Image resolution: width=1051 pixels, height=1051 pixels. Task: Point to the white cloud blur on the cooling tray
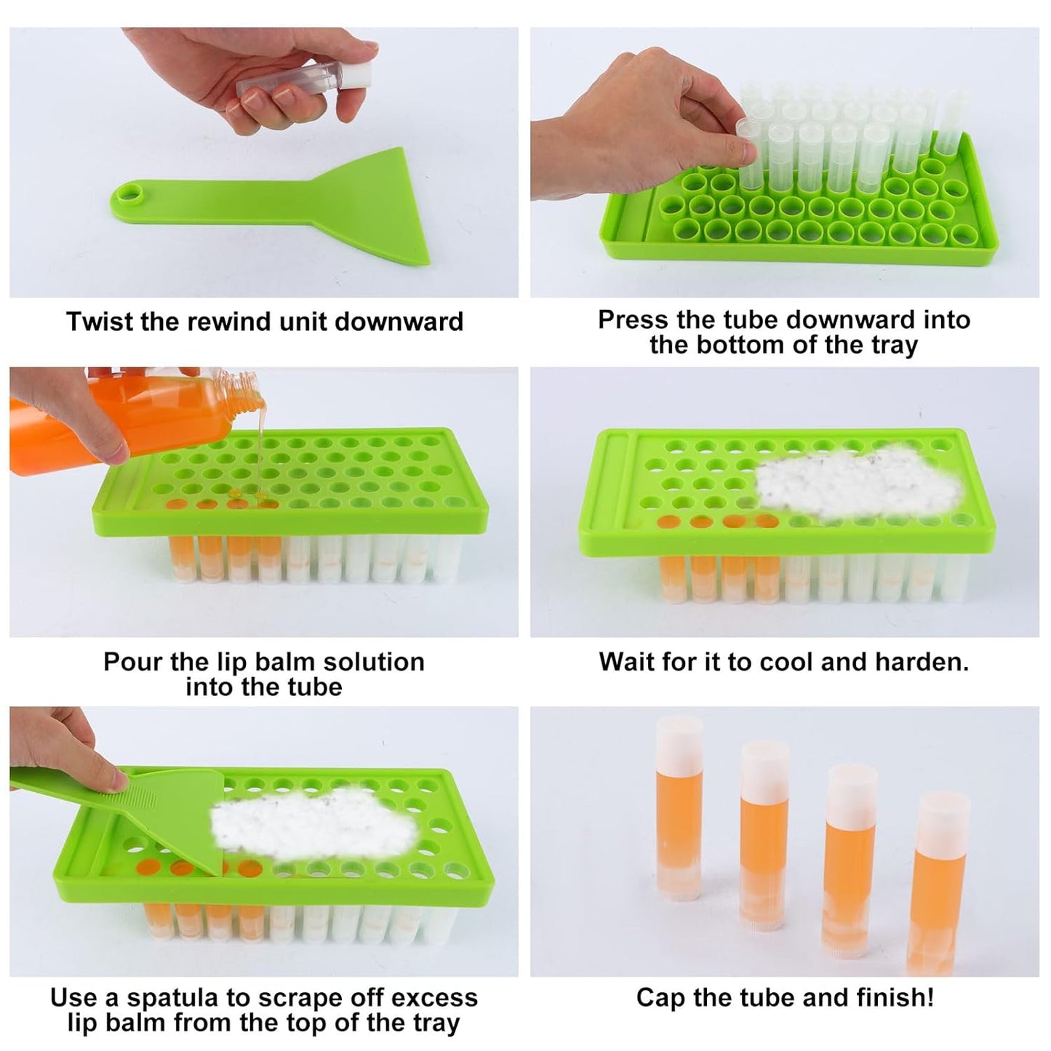pyautogui.click(x=858, y=483)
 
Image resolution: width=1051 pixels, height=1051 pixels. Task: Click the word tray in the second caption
pyautogui.click(x=894, y=345)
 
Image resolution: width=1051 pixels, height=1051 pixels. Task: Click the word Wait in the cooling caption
pyautogui.click(x=627, y=662)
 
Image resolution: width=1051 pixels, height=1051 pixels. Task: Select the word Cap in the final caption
pyautogui.click(x=660, y=998)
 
